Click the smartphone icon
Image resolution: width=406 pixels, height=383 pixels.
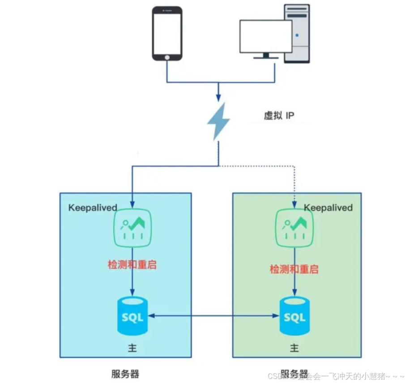coord(167,33)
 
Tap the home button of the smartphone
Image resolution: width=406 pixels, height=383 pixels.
coord(167,57)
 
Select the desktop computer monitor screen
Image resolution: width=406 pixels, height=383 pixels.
coord(265,36)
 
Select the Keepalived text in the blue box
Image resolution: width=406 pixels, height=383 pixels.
coord(93,207)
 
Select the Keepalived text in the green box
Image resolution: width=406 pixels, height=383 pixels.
coord(328,207)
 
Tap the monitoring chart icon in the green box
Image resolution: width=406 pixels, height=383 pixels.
coord(295,227)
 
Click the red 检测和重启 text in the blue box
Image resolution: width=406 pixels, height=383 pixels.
coord(132,264)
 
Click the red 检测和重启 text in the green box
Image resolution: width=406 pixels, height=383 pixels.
coord(294,269)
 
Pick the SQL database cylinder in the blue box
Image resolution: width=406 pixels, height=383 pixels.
coord(132,316)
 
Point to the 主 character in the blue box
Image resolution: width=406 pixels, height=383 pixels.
coord(132,348)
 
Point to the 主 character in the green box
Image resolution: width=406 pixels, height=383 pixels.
coord(294,348)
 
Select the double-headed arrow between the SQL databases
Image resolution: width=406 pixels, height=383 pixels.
coord(214,316)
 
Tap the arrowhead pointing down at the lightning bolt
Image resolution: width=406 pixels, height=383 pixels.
coord(218,97)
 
